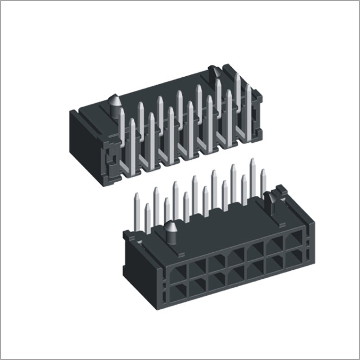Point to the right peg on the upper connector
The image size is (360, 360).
(214, 72)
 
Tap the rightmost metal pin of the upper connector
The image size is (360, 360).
(248, 110)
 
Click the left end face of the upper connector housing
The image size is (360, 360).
(84, 141)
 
